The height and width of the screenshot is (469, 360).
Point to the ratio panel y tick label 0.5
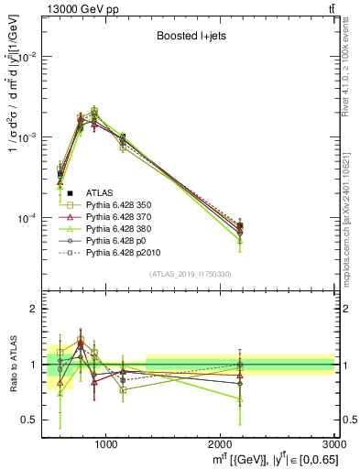[30, 420]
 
